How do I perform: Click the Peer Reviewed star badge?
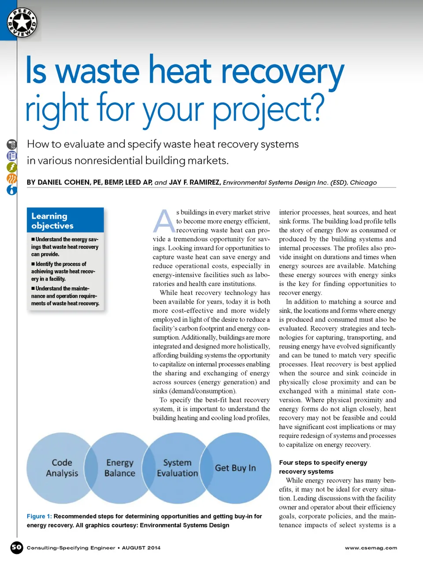(x=22, y=22)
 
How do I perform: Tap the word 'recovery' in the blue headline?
(x=282, y=71)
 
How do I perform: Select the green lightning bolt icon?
(x=12, y=167)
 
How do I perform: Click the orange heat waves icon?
(x=12, y=179)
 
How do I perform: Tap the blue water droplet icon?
(x=12, y=190)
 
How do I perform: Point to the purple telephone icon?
(x=12, y=156)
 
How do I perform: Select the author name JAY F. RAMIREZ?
(x=194, y=182)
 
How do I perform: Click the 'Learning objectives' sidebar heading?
(x=52, y=221)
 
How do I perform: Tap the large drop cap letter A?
(x=164, y=221)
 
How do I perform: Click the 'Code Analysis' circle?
(x=62, y=467)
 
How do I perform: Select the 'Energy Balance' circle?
(x=119, y=467)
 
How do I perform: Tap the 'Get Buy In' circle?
(x=235, y=468)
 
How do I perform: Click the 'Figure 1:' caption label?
(x=39, y=516)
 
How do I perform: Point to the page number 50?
(x=17, y=548)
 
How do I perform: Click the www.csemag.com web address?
(x=371, y=548)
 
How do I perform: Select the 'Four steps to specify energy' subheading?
(x=323, y=463)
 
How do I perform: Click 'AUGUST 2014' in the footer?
(x=141, y=548)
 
